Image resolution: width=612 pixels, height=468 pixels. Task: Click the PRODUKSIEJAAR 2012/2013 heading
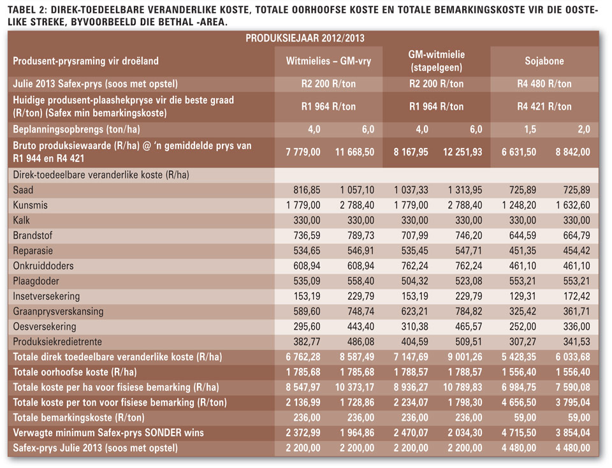305,38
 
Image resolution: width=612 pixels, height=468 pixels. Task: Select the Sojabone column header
544,61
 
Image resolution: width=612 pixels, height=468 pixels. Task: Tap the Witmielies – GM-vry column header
328,61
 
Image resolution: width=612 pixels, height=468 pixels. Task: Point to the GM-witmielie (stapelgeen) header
436,61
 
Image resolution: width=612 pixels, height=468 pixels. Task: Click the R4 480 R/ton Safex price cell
544,84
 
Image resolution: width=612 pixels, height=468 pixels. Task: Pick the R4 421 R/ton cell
544,106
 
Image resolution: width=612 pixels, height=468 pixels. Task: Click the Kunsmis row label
30,205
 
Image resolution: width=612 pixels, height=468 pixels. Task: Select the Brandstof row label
33,235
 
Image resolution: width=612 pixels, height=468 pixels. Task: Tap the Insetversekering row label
46,296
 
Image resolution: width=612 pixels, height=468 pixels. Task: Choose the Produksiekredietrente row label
57,342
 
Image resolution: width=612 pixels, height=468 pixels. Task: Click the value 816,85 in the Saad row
307,190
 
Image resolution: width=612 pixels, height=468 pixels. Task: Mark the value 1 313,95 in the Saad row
465,190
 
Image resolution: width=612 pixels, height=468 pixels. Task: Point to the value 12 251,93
463,152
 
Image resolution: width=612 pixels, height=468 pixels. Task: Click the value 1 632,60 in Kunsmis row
573,205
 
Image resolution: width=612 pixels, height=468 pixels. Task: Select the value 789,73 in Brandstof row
361,235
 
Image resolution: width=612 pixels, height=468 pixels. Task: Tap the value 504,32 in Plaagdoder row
414,281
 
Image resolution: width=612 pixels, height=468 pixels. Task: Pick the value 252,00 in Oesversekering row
523,326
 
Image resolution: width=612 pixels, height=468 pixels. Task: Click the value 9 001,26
465,357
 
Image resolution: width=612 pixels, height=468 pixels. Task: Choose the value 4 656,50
519,402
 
